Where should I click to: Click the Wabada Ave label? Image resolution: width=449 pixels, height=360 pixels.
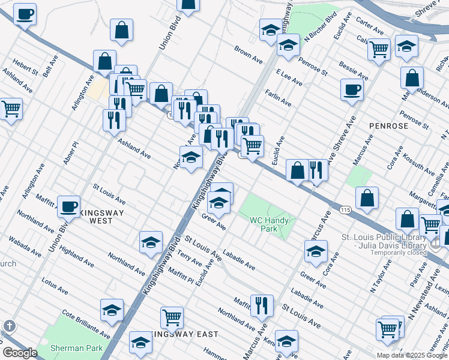pos(24,246)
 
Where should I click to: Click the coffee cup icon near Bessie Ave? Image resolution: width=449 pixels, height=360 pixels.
pos(352,90)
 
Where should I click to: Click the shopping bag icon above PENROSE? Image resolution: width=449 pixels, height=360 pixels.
pos(412,78)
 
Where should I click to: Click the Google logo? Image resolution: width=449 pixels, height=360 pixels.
pos(20,353)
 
